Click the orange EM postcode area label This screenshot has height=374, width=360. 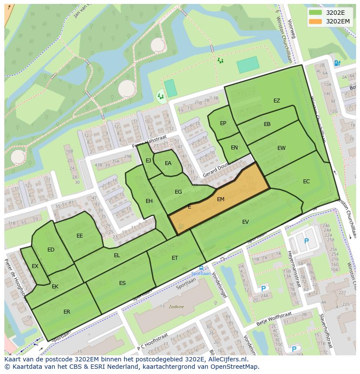[x=220, y=199]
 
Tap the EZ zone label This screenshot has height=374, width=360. [x=277, y=101]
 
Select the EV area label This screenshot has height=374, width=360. [x=245, y=222]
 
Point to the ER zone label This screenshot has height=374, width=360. [x=67, y=312]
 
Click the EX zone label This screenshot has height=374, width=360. [x=35, y=266]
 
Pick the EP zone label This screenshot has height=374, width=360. [x=223, y=123]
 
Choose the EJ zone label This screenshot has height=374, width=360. [x=148, y=161]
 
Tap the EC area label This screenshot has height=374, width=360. [x=307, y=182]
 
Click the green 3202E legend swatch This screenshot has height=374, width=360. [x=316, y=12]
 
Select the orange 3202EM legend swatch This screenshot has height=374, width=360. [x=316, y=21]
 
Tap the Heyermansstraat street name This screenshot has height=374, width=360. [x=293, y=269]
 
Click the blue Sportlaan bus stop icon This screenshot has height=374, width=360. [x=201, y=268]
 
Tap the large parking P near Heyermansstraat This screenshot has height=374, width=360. [x=306, y=241]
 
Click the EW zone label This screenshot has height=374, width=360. [x=281, y=148]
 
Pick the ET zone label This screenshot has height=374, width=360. [x=175, y=258]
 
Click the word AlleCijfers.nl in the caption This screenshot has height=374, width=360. [x=226, y=360]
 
